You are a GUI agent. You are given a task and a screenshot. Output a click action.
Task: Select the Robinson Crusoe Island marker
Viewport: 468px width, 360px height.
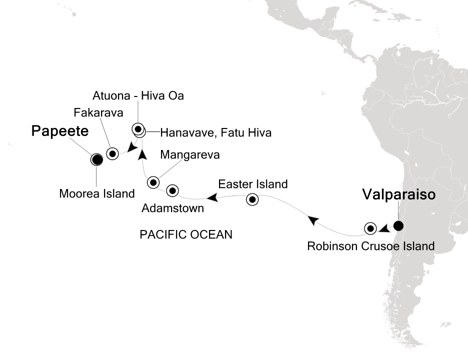tap(370, 228)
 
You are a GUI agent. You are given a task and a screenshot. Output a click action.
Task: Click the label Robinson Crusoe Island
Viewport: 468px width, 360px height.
tap(370, 246)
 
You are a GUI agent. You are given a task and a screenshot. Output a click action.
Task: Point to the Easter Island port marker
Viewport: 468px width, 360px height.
tap(252, 200)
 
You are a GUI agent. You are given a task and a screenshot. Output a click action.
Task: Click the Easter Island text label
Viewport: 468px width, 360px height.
tap(252, 184)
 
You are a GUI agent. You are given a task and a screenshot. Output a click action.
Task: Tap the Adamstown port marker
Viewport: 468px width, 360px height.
tap(172, 190)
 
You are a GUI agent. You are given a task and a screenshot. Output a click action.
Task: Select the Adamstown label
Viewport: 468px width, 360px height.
tap(173, 208)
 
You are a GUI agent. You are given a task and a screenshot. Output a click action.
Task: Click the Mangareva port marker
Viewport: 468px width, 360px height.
tap(153, 182)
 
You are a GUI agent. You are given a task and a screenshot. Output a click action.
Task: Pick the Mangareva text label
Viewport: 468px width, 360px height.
tap(190, 155)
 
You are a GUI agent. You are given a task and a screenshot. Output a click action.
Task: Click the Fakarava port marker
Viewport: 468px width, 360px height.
tap(112, 153)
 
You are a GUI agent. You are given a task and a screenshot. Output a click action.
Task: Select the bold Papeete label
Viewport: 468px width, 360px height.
tap(60, 131)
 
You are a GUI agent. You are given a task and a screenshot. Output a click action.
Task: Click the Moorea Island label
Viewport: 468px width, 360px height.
tap(96, 192)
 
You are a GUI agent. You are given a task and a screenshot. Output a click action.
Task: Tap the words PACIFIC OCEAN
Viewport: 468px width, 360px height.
tap(186, 234)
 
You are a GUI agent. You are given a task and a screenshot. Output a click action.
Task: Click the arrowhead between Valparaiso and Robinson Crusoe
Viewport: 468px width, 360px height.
tap(384, 229)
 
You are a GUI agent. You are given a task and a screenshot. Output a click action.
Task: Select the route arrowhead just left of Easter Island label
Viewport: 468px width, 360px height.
tap(212, 198)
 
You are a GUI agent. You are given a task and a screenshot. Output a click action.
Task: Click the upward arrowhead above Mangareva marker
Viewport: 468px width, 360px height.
tap(141, 153)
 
